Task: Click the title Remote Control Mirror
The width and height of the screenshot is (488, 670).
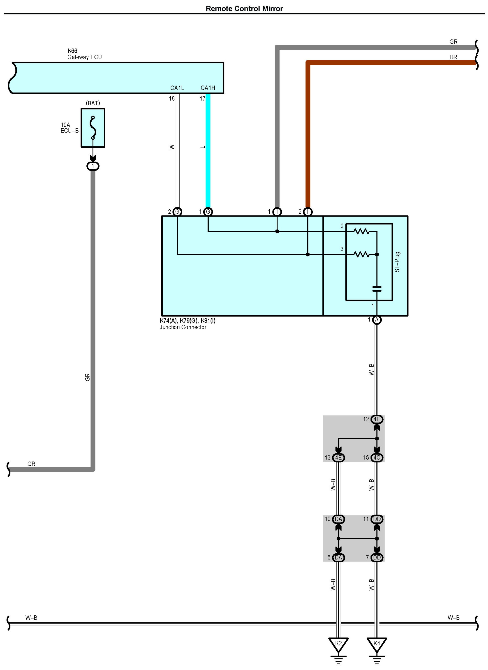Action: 244,9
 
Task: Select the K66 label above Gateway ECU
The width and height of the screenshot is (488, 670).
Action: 72,51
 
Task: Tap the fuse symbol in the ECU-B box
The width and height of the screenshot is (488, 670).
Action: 93,128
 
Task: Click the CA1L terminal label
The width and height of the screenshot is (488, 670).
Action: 177,88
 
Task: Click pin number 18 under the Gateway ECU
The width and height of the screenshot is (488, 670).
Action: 172,99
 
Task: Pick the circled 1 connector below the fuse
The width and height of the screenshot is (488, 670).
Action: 93,166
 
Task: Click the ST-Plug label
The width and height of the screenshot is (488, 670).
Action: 397,262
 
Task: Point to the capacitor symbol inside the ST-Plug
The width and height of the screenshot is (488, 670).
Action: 377,289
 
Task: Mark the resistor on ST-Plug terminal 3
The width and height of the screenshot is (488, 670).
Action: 362,254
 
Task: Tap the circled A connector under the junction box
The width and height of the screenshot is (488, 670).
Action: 377,320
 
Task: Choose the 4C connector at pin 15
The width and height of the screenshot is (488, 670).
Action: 377,457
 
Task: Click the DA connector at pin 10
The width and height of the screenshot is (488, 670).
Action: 338,519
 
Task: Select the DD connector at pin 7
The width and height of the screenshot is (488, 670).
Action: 377,557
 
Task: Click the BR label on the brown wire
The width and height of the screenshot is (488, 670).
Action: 453,57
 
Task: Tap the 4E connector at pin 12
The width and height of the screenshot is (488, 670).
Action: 377,419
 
